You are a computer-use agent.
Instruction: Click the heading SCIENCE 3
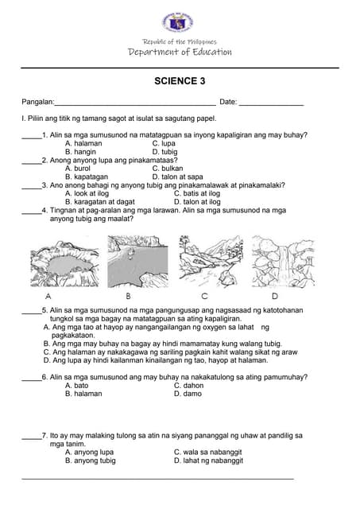coord(180,81)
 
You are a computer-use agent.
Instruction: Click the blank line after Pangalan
coord(134,103)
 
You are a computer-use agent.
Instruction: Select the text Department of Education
coord(180,52)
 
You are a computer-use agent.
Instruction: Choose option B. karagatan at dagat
coord(99,202)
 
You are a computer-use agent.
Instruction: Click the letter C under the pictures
coord(204,295)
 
